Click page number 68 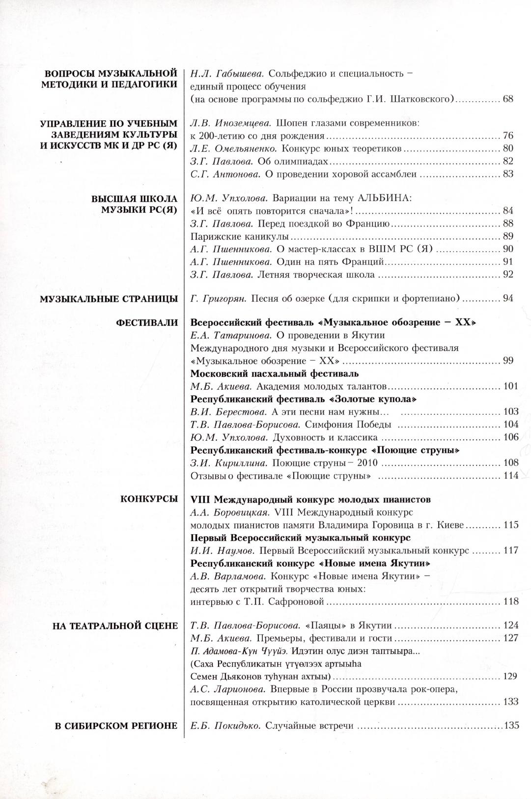[x=508, y=99]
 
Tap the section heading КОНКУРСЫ [x=149, y=499]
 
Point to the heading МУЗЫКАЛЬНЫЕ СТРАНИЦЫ [x=109, y=298]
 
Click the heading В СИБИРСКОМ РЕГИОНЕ [x=116, y=726]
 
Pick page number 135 [x=511, y=726]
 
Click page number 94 [x=508, y=298]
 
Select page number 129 [x=510, y=677]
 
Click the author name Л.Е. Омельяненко [x=234, y=148]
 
